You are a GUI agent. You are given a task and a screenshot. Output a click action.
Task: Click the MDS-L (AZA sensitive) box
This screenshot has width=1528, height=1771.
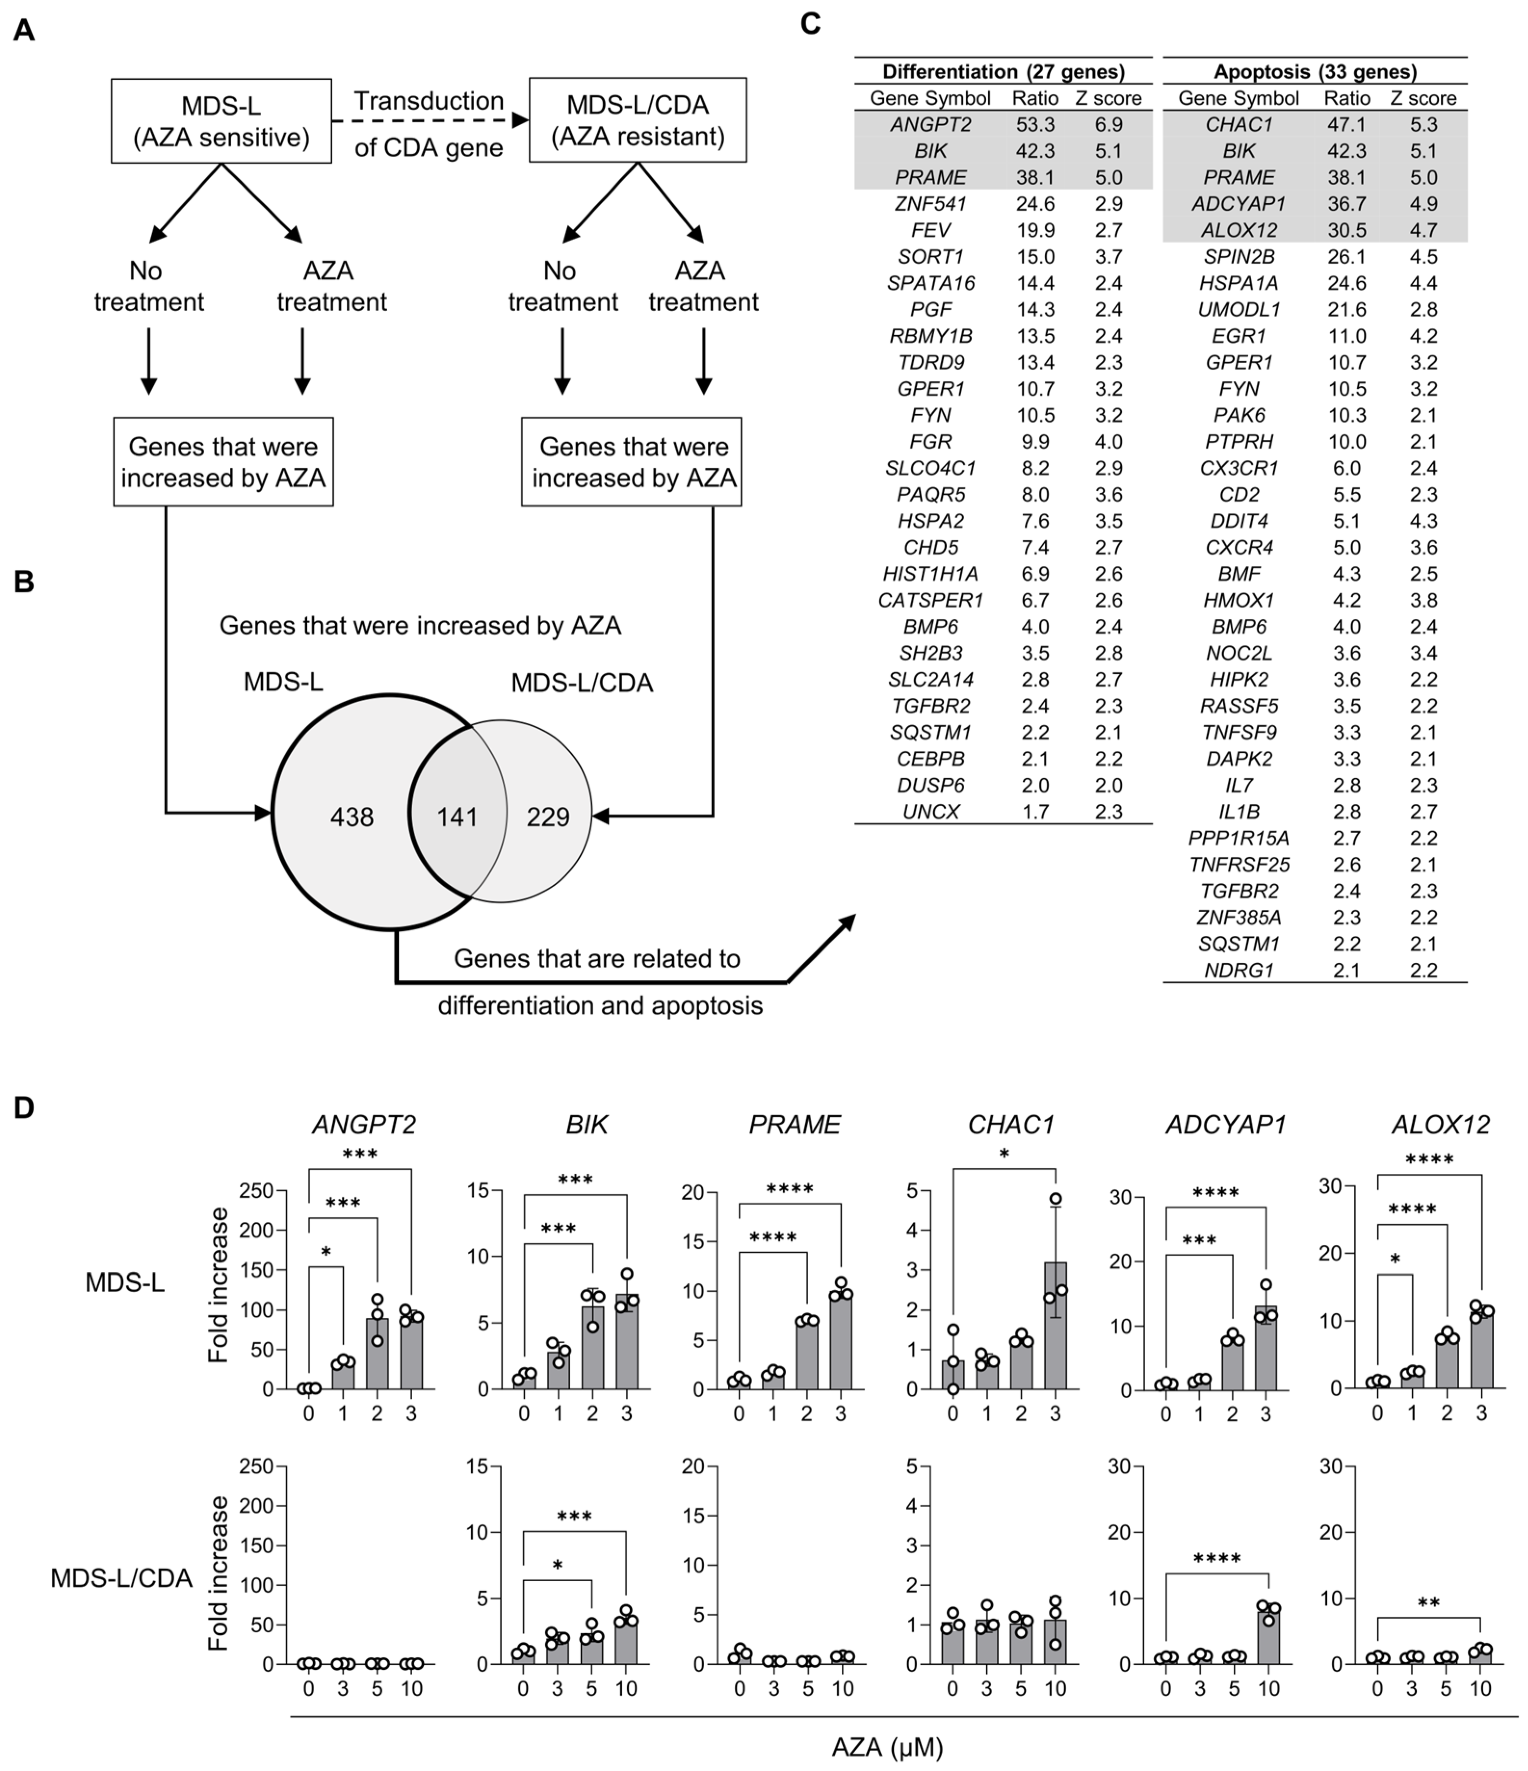(x=222, y=121)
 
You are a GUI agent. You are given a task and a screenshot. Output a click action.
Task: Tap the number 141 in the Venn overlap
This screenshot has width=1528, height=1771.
(x=457, y=818)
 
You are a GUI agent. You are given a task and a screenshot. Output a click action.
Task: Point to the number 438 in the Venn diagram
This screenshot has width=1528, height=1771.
(x=352, y=818)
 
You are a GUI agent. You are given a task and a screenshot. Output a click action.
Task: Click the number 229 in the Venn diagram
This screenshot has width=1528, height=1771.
(x=548, y=818)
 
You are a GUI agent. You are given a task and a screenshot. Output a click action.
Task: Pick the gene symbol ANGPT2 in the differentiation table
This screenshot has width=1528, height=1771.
(x=931, y=125)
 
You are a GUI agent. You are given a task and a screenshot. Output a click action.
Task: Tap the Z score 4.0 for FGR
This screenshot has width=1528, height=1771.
(x=1109, y=442)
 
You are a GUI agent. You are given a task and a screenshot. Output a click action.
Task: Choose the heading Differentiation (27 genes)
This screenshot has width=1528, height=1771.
(x=1003, y=72)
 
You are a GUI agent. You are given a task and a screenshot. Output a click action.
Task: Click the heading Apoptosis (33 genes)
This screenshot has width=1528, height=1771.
(x=1315, y=72)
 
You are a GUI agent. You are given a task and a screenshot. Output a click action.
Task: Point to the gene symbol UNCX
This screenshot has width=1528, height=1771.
(x=931, y=812)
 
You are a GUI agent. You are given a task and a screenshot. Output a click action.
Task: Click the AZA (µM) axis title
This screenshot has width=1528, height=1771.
(x=887, y=1747)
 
